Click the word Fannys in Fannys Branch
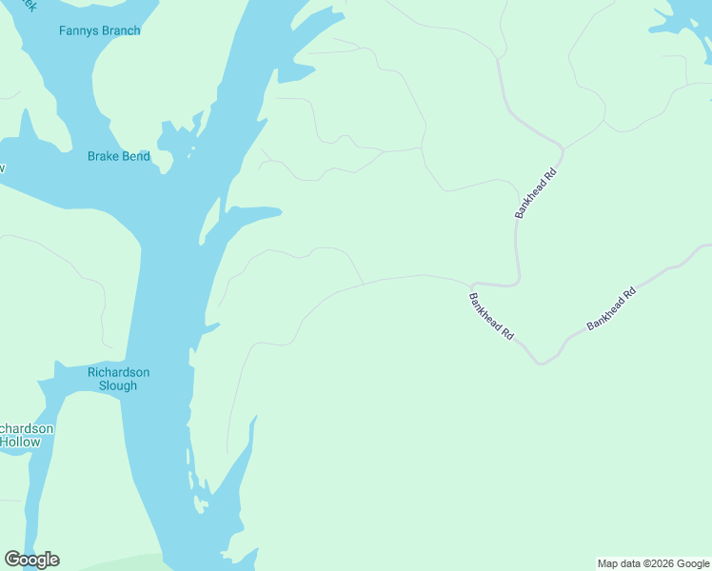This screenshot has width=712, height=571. [x=78, y=30]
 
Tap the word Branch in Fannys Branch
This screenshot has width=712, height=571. [x=120, y=30]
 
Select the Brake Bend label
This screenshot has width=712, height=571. [x=119, y=156]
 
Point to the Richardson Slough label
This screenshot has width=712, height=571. [x=118, y=379]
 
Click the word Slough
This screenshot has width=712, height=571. [x=118, y=385]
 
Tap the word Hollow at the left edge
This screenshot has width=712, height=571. [x=20, y=442]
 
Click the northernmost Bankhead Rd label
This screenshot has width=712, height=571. [x=535, y=194]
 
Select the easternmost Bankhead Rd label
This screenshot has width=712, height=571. [x=611, y=308]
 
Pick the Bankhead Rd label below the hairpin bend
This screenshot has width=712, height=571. [x=491, y=317]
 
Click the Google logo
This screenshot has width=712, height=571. [x=32, y=560]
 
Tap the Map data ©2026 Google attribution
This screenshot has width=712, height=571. [x=654, y=563]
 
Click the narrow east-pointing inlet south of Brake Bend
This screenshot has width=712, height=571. [x=252, y=214]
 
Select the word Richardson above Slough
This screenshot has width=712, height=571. [x=118, y=372]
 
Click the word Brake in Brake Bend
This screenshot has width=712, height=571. [x=103, y=156]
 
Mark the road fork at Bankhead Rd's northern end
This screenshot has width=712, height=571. [x=563, y=148]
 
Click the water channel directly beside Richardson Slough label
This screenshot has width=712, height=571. [x=157, y=381]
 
